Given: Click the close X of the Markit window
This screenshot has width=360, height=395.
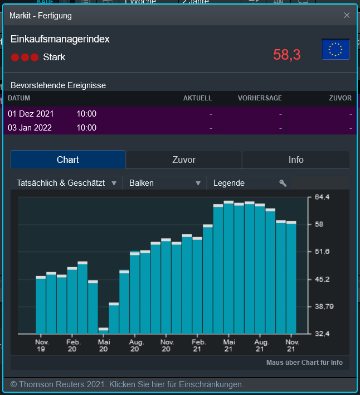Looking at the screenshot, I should [347, 15].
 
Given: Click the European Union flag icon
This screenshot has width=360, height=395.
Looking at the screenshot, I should [335, 50].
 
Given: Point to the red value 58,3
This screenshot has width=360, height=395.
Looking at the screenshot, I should [287, 55].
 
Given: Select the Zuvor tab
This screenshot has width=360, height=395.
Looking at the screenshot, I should [184, 160].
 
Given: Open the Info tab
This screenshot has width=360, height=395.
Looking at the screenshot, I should [296, 160].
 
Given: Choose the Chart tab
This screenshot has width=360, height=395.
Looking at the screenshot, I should [68, 160].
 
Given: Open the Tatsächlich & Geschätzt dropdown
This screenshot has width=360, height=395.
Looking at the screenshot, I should [66, 183].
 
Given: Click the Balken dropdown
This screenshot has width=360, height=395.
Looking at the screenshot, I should [165, 183].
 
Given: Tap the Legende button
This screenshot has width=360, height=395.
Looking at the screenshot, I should [249, 183].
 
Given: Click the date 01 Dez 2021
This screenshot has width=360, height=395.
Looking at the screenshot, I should [31, 114].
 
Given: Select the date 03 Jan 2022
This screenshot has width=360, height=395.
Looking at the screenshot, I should [30, 128].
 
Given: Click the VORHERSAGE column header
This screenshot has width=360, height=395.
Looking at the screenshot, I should [260, 98].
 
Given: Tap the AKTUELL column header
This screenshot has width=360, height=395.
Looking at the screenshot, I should [197, 98].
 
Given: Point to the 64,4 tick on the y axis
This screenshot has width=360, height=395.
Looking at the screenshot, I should [323, 197].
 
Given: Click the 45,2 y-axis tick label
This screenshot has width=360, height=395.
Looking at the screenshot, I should [323, 279].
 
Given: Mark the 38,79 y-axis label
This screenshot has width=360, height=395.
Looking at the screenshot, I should [324, 306].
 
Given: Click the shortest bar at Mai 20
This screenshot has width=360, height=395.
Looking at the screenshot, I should [103, 330].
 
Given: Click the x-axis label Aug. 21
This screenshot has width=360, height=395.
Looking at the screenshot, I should [260, 345].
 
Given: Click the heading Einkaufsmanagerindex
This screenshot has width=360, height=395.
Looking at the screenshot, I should [60, 39].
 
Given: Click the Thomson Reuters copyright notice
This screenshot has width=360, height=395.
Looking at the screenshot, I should [127, 384].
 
